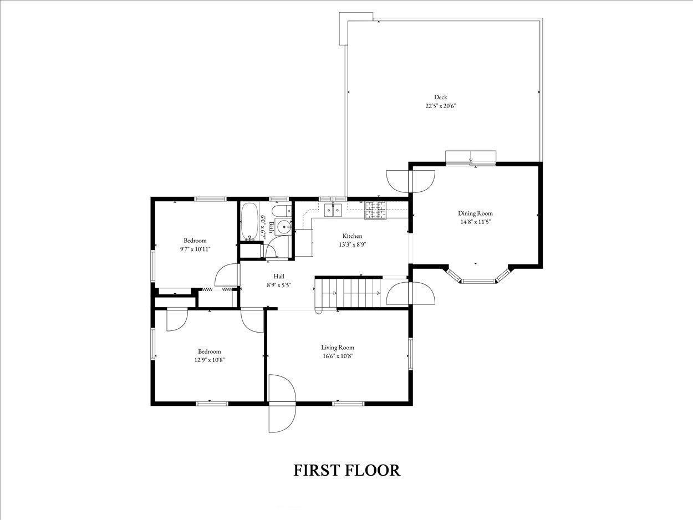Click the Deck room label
[x=440, y=97]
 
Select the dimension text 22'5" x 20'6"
[x=441, y=106]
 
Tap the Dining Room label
[x=475, y=213]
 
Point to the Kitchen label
[x=353, y=236]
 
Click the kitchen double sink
[x=333, y=210]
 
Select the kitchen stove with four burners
[x=375, y=210]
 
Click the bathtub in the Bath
[x=249, y=221]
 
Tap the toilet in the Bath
[x=282, y=210]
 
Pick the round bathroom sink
[x=285, y=227]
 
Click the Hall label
[x=279, y=277]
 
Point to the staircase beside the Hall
[x=349, y=293]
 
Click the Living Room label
[x=338, y=348]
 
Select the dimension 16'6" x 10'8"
[x=338, y=356]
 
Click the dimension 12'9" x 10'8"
[x=210, y=360]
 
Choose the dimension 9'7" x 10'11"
[x=195, y=249]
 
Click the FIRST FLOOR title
[x=346, y=479]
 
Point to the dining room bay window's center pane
[x=478, y=281]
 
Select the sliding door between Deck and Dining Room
[x=471, y=163]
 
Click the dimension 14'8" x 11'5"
[x=475, y=222]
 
